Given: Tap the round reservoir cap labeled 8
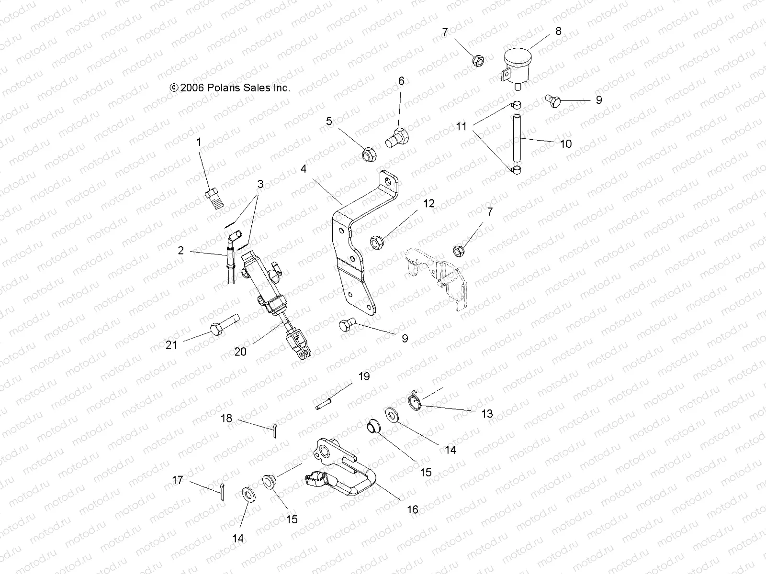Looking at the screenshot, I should [x=518, y=61].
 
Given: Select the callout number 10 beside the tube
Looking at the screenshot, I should [x=565, y=143].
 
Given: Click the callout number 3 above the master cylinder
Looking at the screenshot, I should [x=260, y=184].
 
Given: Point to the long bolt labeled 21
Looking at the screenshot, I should [x=224, y=328].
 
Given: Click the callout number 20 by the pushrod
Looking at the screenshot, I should [x=240, y=352].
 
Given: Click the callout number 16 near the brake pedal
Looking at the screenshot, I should [x=412, y=510].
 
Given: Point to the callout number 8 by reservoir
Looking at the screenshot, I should [x=558, y=31].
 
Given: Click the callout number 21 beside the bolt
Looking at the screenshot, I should [x=172, y=345].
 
